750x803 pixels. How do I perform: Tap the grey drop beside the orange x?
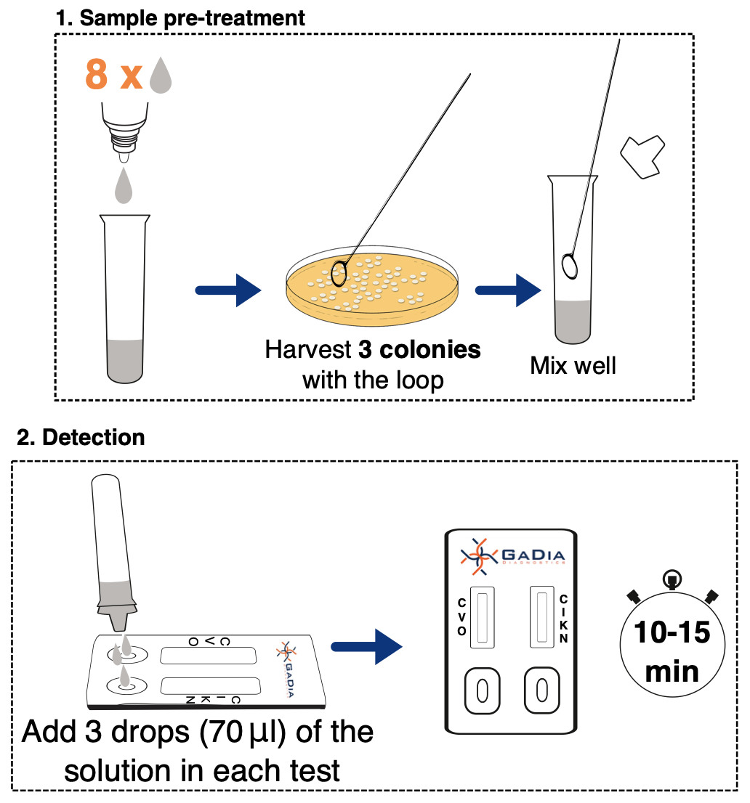click(161, 76)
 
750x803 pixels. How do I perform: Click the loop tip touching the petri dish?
click(339, 272)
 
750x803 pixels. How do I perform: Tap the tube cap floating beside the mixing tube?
click(642, 156)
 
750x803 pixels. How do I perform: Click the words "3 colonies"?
click(419, 350)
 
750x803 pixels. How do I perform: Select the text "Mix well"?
click(573, 364)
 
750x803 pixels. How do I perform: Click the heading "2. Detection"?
click(81, 437)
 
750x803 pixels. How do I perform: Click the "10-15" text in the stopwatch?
click(672, 633)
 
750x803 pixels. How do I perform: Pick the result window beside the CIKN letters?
click(541, 616)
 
